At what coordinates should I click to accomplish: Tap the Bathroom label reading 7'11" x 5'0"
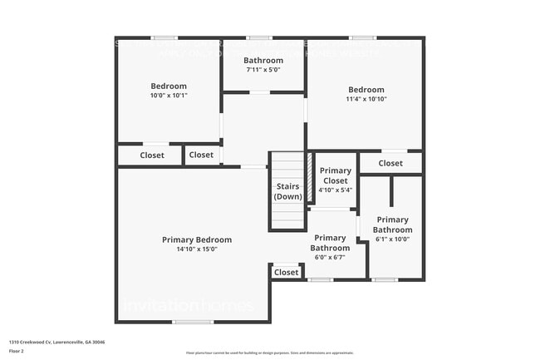(263, 70)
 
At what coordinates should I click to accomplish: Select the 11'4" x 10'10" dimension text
(366, 99)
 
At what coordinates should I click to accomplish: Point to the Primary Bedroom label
(197, 239)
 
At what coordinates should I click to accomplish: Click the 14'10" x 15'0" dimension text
(197, 249)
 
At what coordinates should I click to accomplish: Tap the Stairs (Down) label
(287, 191)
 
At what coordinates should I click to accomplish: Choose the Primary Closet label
(335, 175)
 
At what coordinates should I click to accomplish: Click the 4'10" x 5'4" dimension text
(335, 190)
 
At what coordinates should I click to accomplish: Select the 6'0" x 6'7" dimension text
(330, 257)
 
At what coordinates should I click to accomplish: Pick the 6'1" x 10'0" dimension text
(392, 239)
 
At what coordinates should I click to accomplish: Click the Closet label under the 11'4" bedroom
(390, 163)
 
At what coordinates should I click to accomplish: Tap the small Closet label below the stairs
(286, 272)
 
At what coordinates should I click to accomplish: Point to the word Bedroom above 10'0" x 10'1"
(169, 86)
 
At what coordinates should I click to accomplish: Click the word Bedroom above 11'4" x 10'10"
(366, 90)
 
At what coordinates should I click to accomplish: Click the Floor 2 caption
(17, 350)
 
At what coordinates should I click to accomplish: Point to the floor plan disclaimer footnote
(269, 353)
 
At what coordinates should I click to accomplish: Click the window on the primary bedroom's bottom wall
(193, 322)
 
